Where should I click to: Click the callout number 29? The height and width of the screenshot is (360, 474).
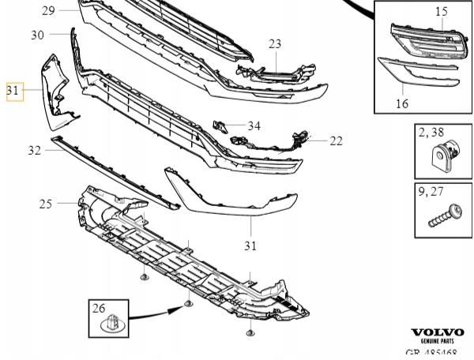pos(48,10)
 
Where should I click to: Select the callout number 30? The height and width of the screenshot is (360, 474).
pos(38,35)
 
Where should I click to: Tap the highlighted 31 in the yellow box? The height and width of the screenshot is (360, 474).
pos(13,92)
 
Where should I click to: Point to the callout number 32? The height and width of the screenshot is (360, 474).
pos(34,150)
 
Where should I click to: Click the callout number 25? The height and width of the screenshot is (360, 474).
pos(46,204)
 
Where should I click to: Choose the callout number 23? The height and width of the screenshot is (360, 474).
pos(274,43)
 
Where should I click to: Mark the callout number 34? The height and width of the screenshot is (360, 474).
pos(254,126)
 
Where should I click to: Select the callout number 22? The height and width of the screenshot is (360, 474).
pos(337,141)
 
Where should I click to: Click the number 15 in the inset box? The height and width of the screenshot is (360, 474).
pos(441,11)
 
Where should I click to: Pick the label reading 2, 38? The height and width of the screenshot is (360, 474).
pos(432,133)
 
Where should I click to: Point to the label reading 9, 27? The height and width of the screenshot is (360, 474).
pos(432,191)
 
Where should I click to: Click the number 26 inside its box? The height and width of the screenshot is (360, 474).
pos(99,308)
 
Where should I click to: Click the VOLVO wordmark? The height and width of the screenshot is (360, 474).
pos(438,332)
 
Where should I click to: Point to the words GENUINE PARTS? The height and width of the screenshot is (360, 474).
pos(438,341)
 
